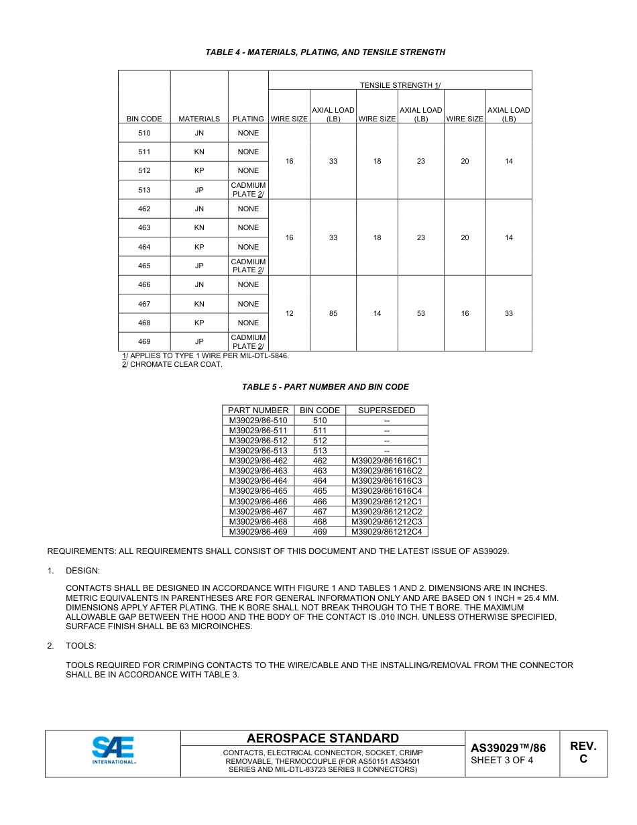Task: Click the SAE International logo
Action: coord(113,750)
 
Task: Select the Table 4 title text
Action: coord(325,52)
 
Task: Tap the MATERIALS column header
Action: coord(199,119)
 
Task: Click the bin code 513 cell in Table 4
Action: coord(144,190)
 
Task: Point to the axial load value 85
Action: coord(333,313)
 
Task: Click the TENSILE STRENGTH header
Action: coord(400,85)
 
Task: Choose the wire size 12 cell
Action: coord(289,313)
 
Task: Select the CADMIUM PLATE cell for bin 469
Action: coord(248,342)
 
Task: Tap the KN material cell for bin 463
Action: coord(199,228)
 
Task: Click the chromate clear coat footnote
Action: coord(172,365)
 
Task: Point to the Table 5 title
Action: coord(325,387)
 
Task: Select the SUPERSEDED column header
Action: coord(386,410)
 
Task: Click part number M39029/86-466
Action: coord(258,502)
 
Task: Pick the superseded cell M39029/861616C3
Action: coord(386,481)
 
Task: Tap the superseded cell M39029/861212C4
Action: coord(386,532)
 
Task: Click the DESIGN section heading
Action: coord(82,570)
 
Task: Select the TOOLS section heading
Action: coord(80,646)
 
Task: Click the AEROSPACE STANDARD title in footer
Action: coord(323,738)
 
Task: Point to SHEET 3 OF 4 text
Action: coord(502,760)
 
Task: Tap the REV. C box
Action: coord(583,753)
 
